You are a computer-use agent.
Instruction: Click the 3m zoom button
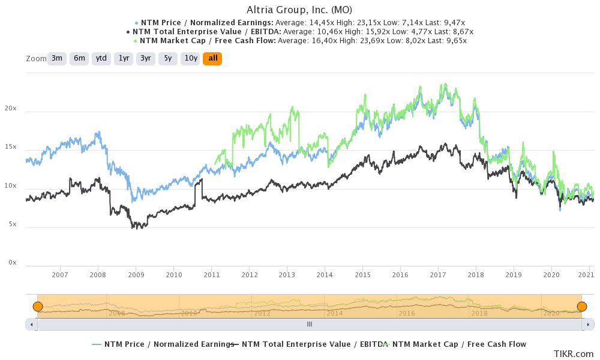56,58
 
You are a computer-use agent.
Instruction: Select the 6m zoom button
79,58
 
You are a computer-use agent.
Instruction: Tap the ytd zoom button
101,58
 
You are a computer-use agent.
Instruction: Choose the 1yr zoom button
124,58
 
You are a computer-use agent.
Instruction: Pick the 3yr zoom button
146,58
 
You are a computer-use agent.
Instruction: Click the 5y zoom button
168,58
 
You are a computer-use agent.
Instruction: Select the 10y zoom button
190,58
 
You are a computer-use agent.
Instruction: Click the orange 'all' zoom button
212,58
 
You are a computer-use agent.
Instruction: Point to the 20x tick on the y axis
10,109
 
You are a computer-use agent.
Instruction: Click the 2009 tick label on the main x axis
136,275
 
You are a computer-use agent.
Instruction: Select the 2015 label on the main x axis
362,275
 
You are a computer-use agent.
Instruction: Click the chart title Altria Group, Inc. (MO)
299,10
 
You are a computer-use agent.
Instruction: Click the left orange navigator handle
37,307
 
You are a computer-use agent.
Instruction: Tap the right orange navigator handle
581,307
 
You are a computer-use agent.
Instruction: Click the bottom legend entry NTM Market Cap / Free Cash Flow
459,344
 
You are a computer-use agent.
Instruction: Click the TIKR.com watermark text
574,354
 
